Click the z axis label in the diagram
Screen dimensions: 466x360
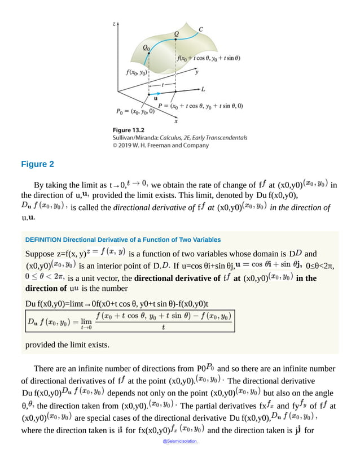point(114,24)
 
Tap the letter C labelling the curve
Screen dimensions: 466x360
point(201,30)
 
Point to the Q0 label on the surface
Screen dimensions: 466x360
point(147,48)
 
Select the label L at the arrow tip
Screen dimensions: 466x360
point(204,90)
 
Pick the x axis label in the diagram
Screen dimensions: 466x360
point(176,120)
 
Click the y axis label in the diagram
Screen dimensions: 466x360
point(196,72)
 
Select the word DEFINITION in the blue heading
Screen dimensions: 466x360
point(43,239)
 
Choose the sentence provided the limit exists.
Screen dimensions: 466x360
point(68,345)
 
